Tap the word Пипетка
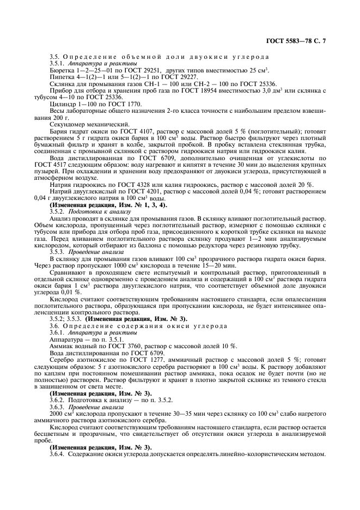[x=62, y=77]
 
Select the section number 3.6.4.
[x=57, y=454]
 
